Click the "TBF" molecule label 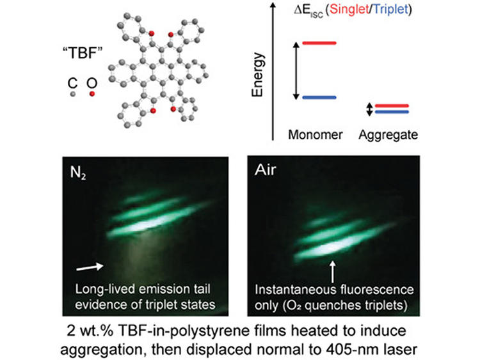(83, 52)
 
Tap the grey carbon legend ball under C (72, 94)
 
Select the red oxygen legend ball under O (92, 94)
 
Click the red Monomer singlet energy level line (319, 43)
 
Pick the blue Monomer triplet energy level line (319, 98)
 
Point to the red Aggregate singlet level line (392, 106)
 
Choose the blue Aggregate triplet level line (392, 112)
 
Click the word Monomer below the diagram (316, 134)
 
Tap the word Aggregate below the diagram (388, 135)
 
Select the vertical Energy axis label (257, 75)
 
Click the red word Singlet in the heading (349, 9)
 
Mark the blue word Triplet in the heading (390, 9)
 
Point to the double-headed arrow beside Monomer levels (296, 71)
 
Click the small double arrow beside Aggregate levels (369, 109)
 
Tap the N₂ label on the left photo (77, 173)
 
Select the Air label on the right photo (265, 169)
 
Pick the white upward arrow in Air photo (332, 272)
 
